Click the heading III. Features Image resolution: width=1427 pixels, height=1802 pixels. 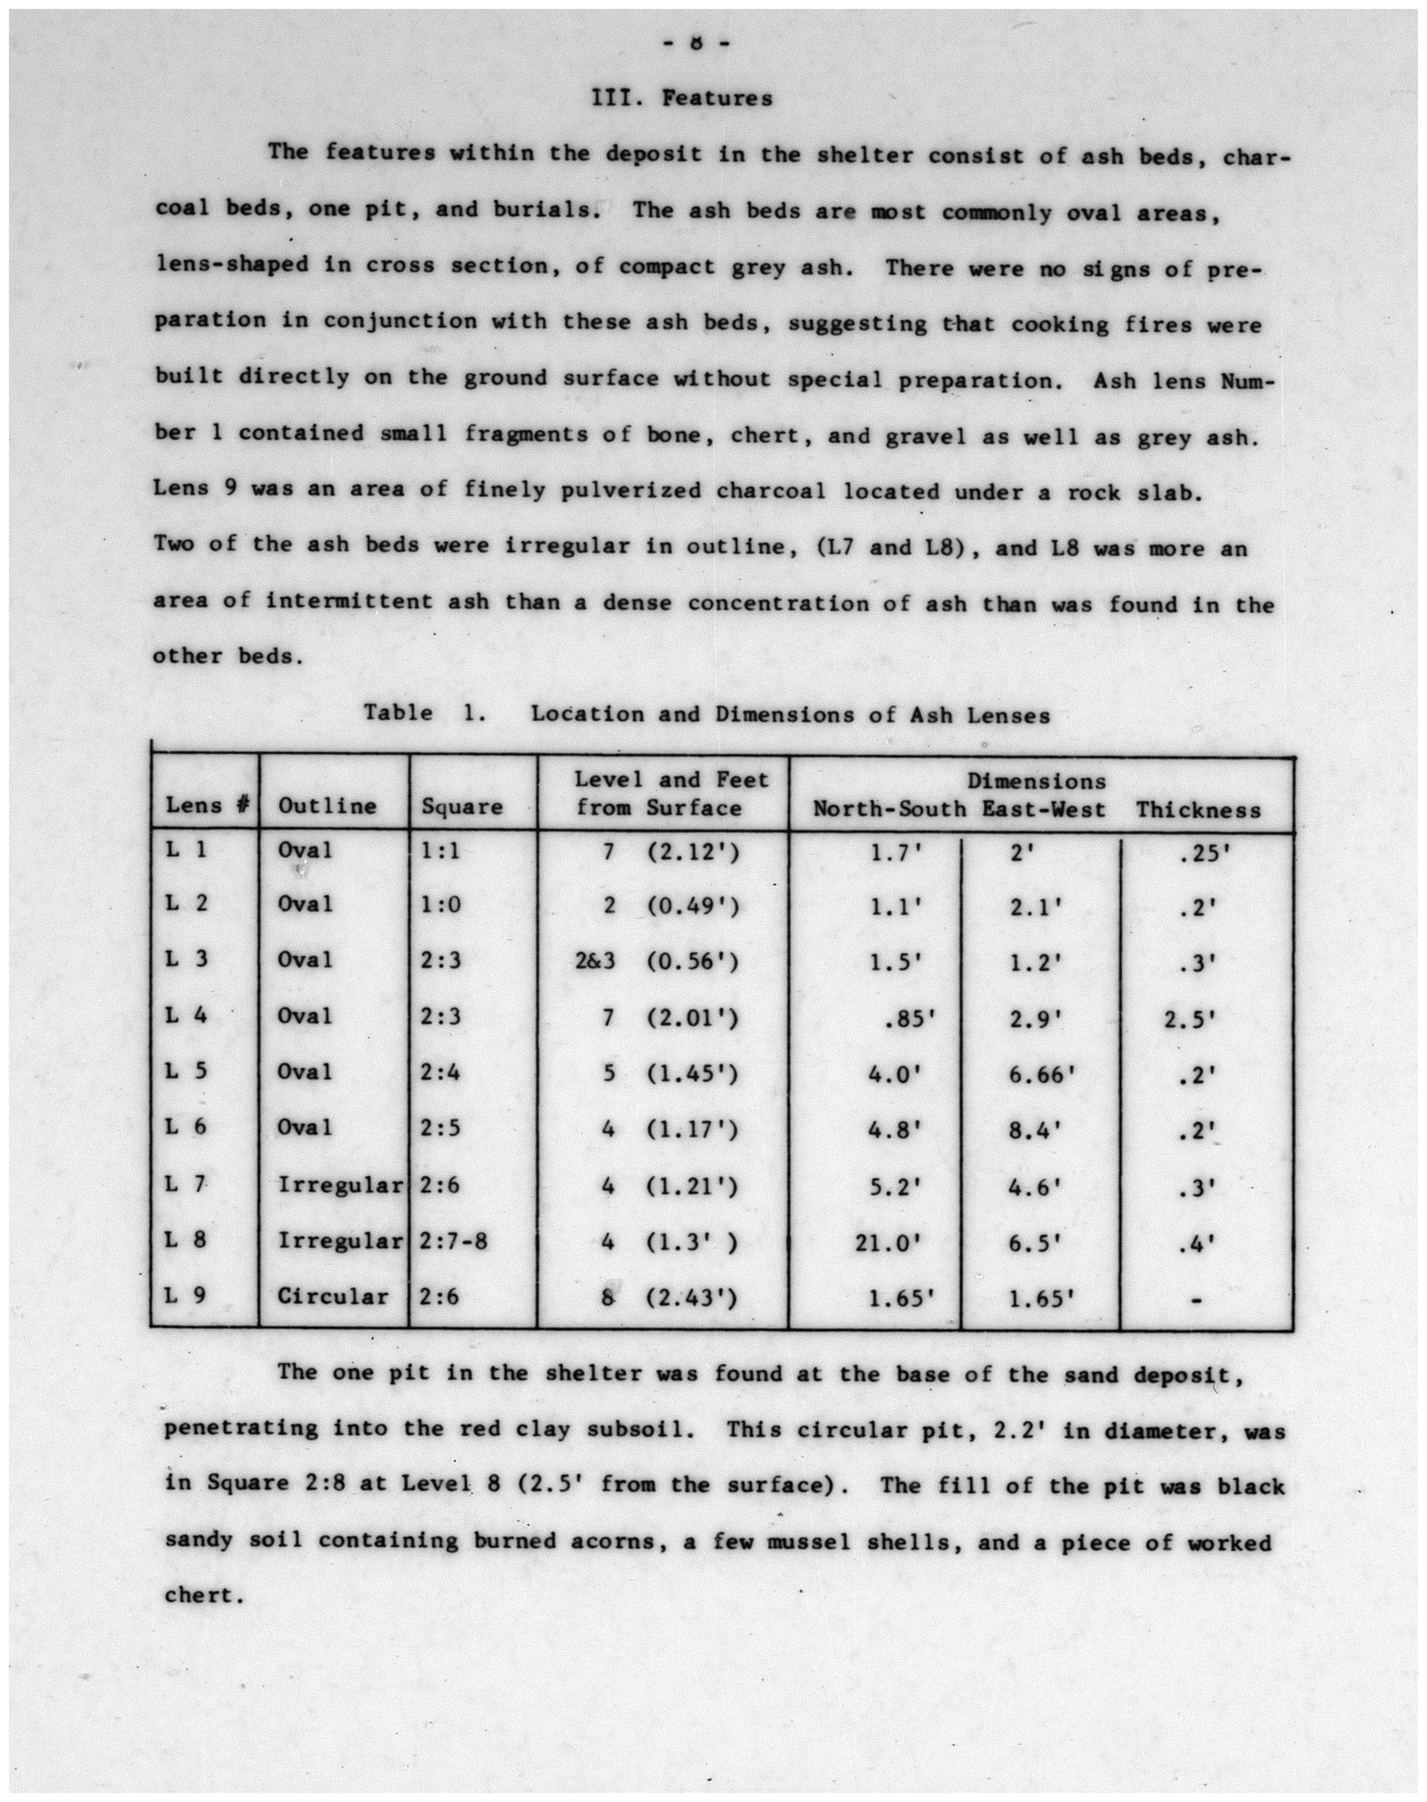tap(682, 99)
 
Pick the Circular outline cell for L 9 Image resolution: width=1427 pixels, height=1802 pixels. tap(332, 1296)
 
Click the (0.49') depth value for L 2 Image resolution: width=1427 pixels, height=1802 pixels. tap(693, 906)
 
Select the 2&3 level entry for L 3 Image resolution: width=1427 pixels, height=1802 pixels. tap(595, 961)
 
